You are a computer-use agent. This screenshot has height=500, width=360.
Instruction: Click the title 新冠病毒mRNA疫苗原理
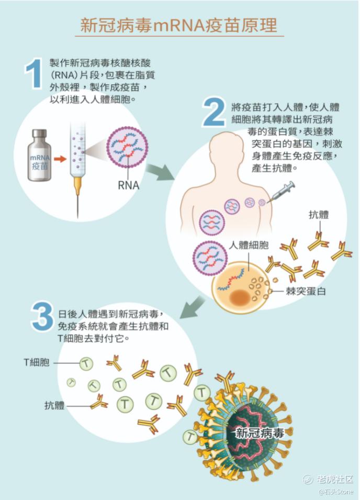pos(179,25)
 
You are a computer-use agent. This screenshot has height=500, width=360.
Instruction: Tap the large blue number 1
pos(33,75)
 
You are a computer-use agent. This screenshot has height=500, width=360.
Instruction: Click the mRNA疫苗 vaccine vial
pos(40,157)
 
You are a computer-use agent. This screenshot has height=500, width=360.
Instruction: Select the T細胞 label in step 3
pos(37,362)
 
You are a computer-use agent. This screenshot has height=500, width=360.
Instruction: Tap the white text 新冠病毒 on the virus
pos(260,433)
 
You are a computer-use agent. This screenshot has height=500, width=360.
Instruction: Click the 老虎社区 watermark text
pos(335,479)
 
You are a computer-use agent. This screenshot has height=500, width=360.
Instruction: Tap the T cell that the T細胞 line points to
pos(86,362)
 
